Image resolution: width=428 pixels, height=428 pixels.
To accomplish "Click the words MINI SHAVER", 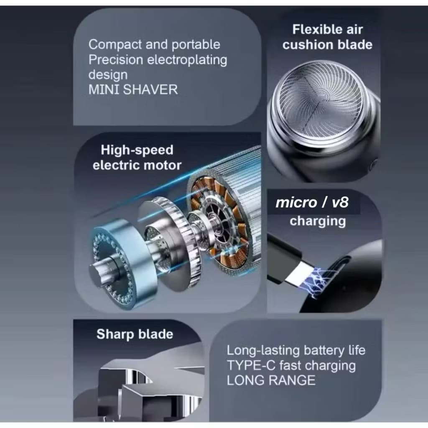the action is pos(133,89).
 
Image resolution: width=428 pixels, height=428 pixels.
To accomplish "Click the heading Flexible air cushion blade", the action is pos(327,37).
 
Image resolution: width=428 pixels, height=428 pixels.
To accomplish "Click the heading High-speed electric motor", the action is pos(137,158).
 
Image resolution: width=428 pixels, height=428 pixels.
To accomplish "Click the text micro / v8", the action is pos(312,202).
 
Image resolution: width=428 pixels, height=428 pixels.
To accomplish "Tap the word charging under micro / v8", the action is pos(318,221).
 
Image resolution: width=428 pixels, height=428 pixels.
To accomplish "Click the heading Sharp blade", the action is pos(135,334).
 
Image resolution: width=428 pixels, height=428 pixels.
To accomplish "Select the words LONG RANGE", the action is pos(271,380).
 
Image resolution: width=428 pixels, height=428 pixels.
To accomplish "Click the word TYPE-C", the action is pos(251,365).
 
